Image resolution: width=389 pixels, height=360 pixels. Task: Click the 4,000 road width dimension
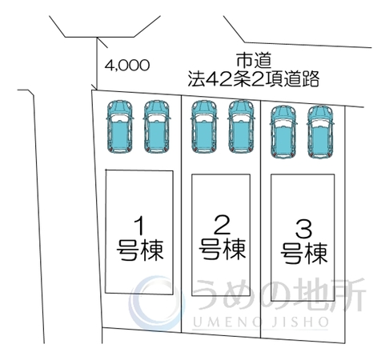[126, 65]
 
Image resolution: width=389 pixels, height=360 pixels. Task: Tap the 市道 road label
[254, 61]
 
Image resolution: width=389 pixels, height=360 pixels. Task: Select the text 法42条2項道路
[254, 79]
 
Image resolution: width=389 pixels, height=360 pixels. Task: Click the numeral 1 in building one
[139, 226]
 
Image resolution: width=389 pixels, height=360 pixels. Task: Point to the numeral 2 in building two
[223, 225]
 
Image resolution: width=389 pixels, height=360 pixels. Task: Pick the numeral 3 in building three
[304, 230]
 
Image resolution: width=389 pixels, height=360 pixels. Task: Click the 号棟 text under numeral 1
[140, 250]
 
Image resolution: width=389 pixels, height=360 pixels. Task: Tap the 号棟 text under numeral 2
[223, 249]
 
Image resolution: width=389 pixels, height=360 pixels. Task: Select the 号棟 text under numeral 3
[304, 254]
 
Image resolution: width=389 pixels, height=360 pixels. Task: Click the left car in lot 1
[119, 127]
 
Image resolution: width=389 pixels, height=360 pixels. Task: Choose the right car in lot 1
[157, 127]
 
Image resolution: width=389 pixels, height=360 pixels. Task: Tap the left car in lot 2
[204, 127]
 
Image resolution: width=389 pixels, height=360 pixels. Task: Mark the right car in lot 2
[241, 127]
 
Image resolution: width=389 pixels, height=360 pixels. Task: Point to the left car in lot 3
[283, 132]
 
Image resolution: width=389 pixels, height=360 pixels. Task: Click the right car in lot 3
[320, 132]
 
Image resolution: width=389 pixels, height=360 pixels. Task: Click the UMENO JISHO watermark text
[260, 322]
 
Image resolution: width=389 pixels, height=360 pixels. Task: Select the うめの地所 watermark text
[279, 294]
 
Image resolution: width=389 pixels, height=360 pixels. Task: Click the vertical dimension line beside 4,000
[96, 63]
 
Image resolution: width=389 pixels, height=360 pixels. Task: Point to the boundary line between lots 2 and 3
[261, 218]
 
